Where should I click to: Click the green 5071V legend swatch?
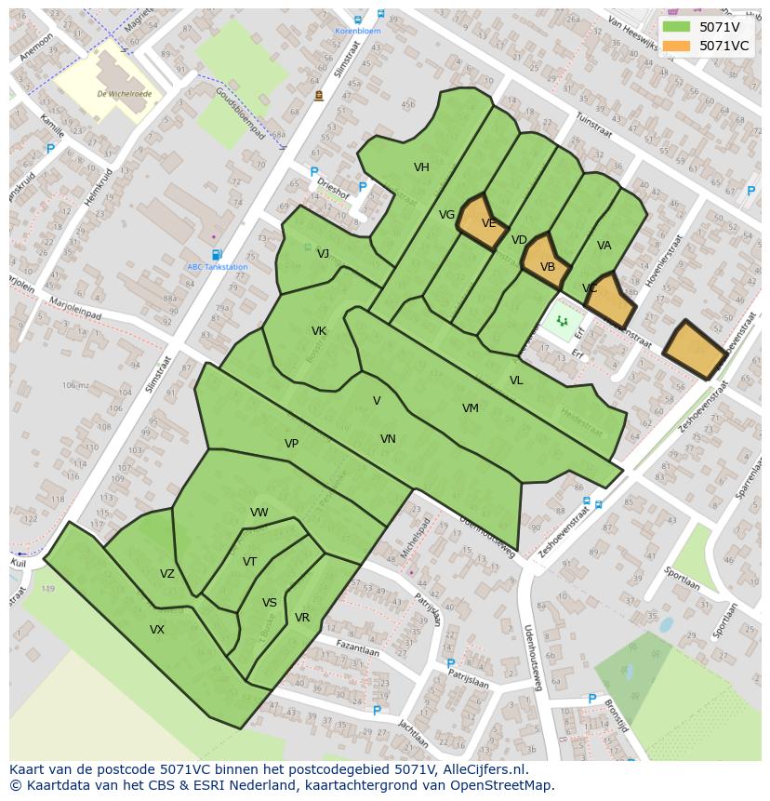tap(676, 27)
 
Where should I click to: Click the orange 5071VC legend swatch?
tap(676, 46)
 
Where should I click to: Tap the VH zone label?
tap(421, 167)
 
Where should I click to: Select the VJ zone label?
tap(323, 254)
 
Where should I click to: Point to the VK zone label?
tap(319, 331)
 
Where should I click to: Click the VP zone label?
tap(291, 444)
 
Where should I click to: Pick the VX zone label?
tap(157, 630)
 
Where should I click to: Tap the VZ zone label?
tap(167, 574)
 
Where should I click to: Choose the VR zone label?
tap(302, 618)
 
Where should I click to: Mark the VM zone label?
tap(471, 408)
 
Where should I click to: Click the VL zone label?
tap(516, 380)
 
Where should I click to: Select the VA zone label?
tap(604, 246)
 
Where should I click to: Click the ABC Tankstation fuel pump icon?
tap(217, 255)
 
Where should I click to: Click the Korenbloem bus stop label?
tap(358, 31)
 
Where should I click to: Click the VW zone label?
tap(259, 513)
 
